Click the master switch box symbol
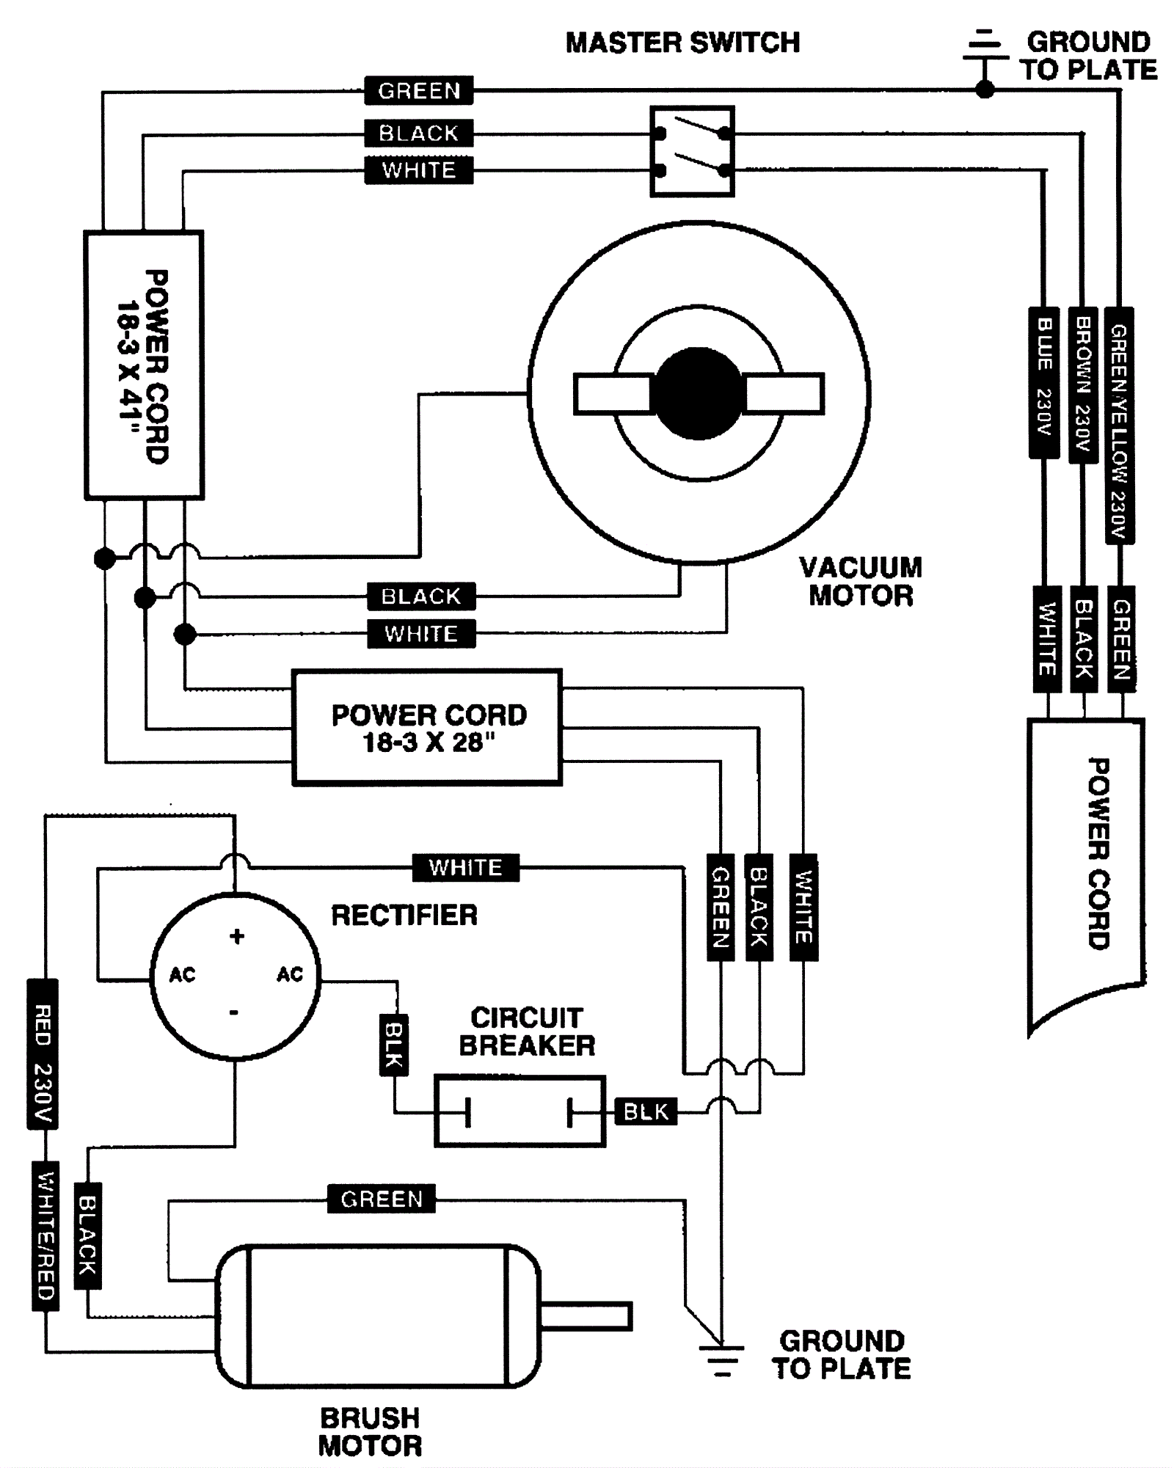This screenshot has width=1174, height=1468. (691, 151)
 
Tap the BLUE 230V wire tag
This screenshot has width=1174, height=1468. (1044, 382)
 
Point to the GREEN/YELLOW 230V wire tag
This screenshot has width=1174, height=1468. (1119, 426)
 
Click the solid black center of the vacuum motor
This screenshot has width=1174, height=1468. (698, 394)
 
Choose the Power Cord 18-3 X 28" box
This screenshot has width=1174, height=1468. (428, 728)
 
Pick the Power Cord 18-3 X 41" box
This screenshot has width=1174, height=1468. (144, 365)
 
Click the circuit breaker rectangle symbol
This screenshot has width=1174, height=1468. (519, 1111)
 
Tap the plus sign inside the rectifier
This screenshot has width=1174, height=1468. (236, 936)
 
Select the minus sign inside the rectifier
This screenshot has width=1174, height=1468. (234, 1012)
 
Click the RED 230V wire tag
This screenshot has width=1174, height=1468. (43, 1054)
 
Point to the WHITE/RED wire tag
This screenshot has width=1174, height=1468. (45, 1236)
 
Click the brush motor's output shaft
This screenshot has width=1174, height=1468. (586, 1316)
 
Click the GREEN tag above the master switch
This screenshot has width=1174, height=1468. (419, 91)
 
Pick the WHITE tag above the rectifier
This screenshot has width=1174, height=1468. (465, 867)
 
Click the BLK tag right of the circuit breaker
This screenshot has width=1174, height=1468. (646, 1112)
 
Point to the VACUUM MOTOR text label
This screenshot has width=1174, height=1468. (860, 581)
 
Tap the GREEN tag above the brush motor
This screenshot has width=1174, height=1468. (381, 1199)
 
